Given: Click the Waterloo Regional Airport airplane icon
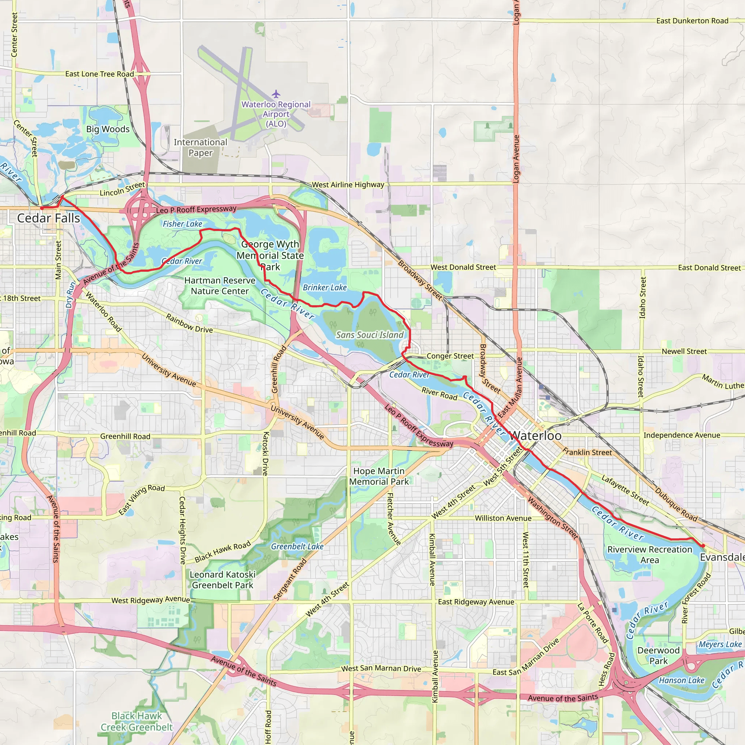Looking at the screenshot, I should point(276,94).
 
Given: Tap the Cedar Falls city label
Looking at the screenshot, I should point(49,218).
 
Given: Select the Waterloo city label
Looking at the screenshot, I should point(535,436).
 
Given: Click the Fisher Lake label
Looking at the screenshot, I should point(182,224).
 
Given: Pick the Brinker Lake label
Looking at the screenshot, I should point(325,288).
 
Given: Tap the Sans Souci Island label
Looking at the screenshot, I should point(370,335).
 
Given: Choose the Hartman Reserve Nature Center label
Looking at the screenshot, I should point(220,286).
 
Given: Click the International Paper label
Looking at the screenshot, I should point(200,148).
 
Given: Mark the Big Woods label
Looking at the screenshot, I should point(108,129).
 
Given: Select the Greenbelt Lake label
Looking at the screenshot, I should point(297,546).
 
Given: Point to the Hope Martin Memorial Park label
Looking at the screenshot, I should point(379,476).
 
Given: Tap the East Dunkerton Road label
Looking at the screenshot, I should point(692,21).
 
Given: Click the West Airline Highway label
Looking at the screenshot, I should point(348,185).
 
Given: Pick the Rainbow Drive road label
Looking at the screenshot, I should point(189,323).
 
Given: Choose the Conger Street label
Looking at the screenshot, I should point(450,356).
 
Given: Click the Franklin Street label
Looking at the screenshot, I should point(587,452).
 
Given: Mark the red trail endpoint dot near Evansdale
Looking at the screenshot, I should point(703,546).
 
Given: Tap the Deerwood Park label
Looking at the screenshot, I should point(658,656).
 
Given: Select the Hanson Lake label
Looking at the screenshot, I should point(681,681).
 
